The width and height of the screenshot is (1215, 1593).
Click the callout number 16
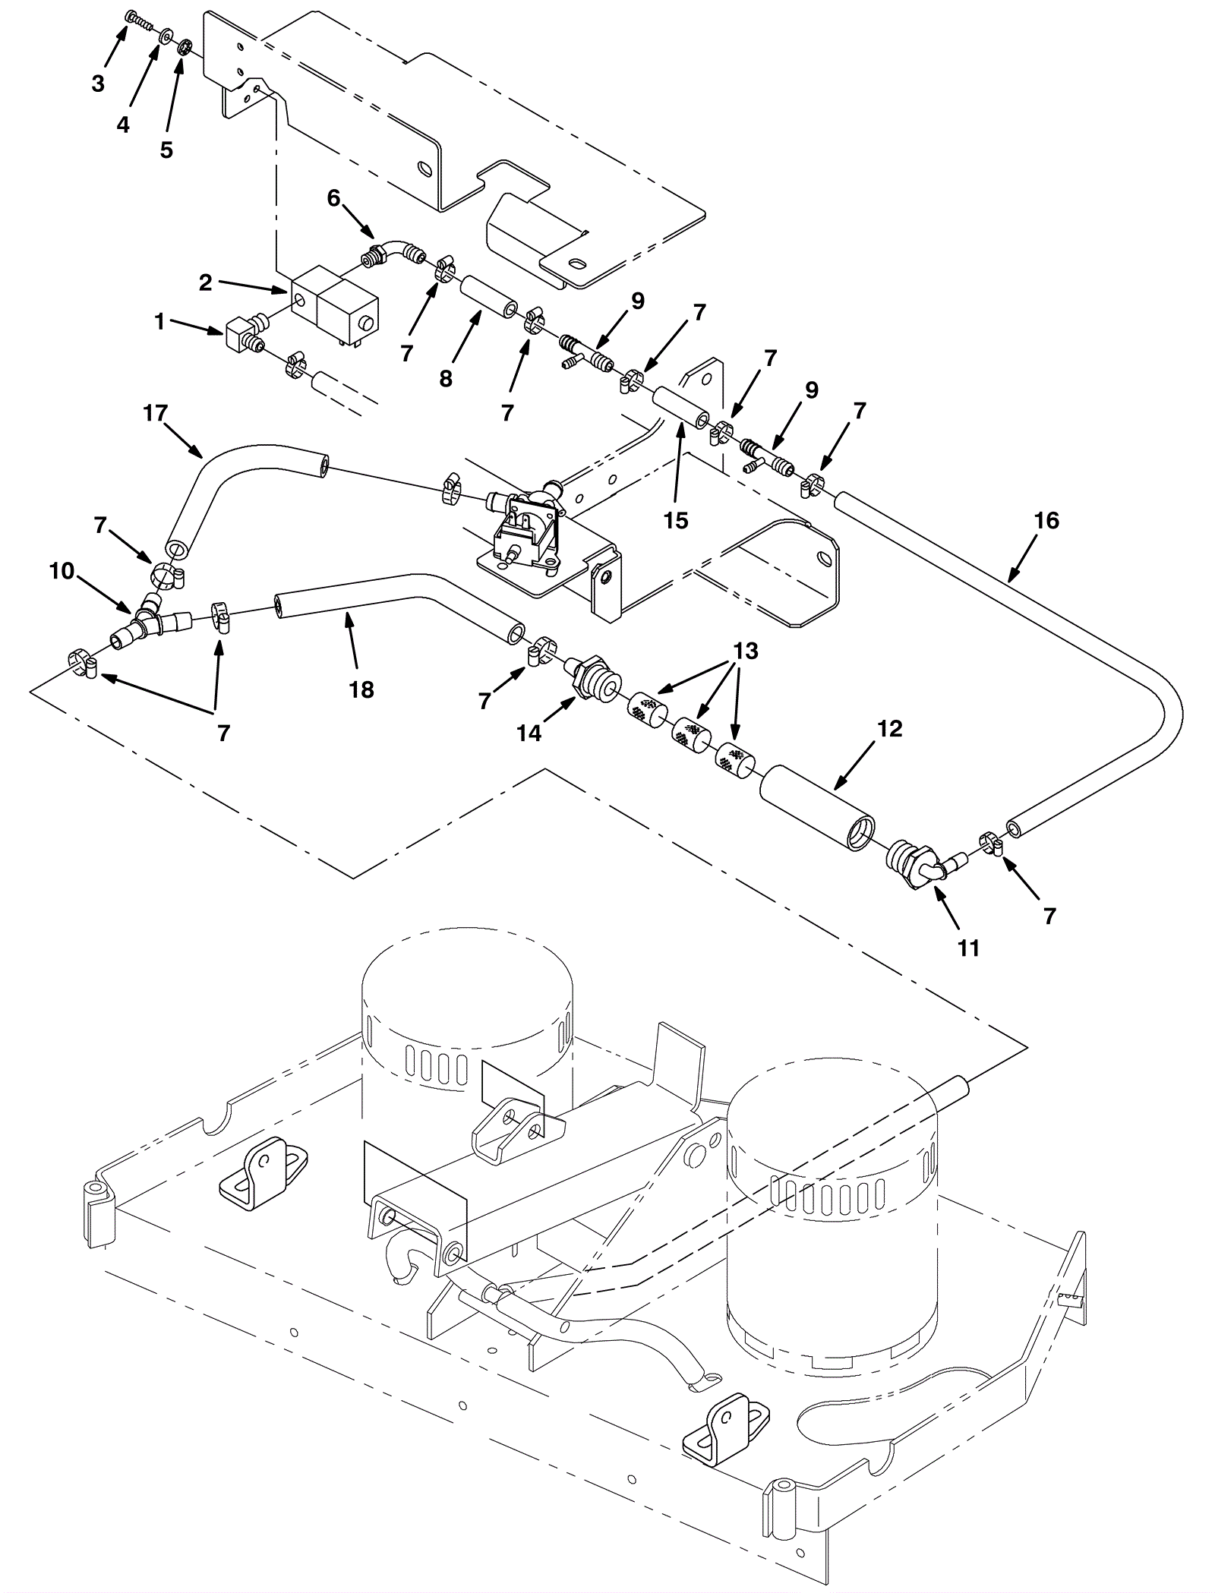click(x=1046, y=520)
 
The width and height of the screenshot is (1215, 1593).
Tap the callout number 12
click(x=889, y=728)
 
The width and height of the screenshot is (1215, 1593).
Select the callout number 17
click(x=155, y=413)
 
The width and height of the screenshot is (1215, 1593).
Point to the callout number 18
click(x=361, y=689)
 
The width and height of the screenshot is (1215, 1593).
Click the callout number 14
click(x=529, y=733)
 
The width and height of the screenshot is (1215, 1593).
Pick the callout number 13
click(x=746, y=651)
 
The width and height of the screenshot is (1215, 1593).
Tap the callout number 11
click(x=968, y=948)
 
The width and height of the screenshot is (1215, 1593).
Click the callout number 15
click(x=675, y=520)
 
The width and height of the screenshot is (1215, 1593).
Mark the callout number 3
click(x=97, y=84)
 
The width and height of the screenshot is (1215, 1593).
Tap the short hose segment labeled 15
click(x=682, y=408)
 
